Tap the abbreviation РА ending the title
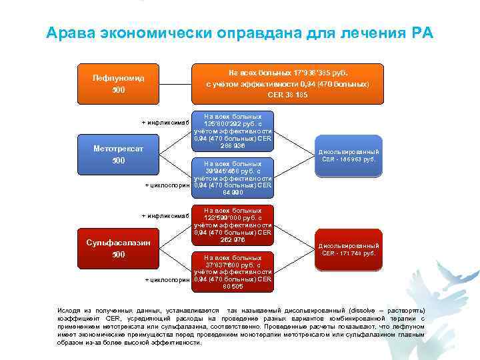point(419,33)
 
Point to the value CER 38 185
point(287,95)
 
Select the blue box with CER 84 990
point(233,178)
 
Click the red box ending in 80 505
point(233,272)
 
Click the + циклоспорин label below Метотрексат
point(167,185)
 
